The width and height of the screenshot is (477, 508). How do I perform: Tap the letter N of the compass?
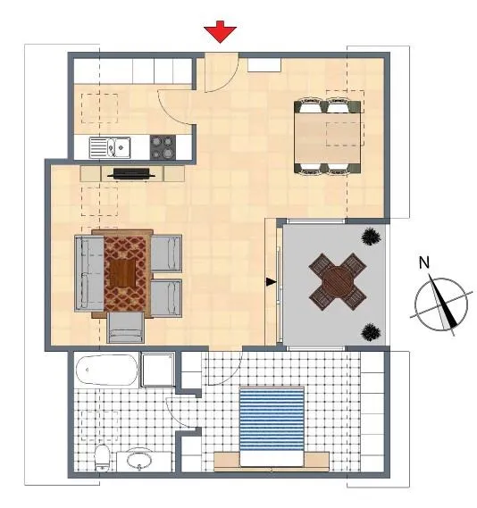424,262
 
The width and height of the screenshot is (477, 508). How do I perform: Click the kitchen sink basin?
110,147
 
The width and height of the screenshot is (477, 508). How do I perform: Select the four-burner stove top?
163,147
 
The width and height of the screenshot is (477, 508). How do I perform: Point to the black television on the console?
131,174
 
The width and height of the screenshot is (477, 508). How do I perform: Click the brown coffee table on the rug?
122,273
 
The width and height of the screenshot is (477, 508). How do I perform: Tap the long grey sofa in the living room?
89,273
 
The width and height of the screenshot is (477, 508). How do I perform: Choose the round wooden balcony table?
338,281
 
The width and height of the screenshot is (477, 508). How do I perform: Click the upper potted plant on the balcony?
371,237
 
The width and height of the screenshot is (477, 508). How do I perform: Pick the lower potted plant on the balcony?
371,332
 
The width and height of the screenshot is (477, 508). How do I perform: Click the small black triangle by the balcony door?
271,282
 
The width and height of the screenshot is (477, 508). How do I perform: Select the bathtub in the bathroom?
107,370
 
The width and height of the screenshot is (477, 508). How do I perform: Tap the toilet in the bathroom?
103,458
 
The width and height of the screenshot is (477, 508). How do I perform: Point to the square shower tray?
158,370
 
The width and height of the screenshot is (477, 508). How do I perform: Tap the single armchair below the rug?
126,328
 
